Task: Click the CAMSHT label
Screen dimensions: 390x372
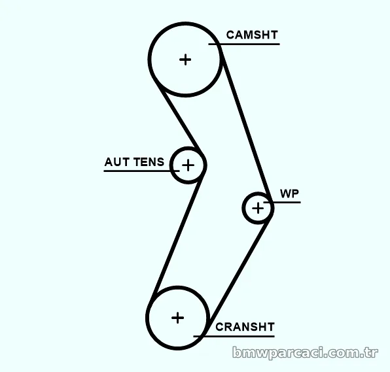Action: [x=252, y=35]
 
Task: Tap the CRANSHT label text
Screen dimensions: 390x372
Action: [x=245, y=327]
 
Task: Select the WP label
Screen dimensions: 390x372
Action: [x=289, y=194]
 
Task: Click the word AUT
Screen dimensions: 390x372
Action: [x=116, y=162]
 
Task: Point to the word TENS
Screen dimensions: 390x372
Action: [x=149, y=162]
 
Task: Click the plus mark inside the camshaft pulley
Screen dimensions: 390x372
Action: [x=185, y=59]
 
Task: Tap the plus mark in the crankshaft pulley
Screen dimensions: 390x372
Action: [x=177, y=318]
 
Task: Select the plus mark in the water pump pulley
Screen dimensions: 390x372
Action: [x=258, y=208]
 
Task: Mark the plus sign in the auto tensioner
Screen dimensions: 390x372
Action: [x=188, y=165]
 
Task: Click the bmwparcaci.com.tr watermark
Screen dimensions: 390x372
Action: [x=305, y=352]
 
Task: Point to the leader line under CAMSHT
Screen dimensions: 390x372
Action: [x=244, y=44]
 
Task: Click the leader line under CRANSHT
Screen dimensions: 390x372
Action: [x=234, y=337]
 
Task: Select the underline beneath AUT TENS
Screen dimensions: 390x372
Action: [x=141, y=171]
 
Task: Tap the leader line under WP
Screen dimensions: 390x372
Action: [x=282, y=202]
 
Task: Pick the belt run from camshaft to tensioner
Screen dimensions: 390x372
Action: [x=179, y=117]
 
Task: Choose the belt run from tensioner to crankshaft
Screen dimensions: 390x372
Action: [x=177, y=236]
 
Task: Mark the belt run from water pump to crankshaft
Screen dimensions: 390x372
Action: [x=239, y=271]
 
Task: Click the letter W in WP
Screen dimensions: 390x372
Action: [x=285, y=194]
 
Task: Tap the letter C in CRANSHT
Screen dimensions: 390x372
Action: [x=219, y=327]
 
